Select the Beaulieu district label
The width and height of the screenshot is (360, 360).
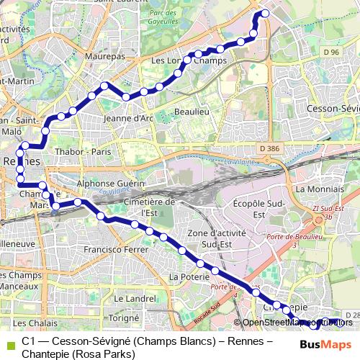(x=191, y=113)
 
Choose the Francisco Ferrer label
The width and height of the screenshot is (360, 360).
(x=115, y=250)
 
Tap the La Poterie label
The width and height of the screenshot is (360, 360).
(x=185, y=276)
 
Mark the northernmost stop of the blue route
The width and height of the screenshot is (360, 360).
(x=264, y=13)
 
